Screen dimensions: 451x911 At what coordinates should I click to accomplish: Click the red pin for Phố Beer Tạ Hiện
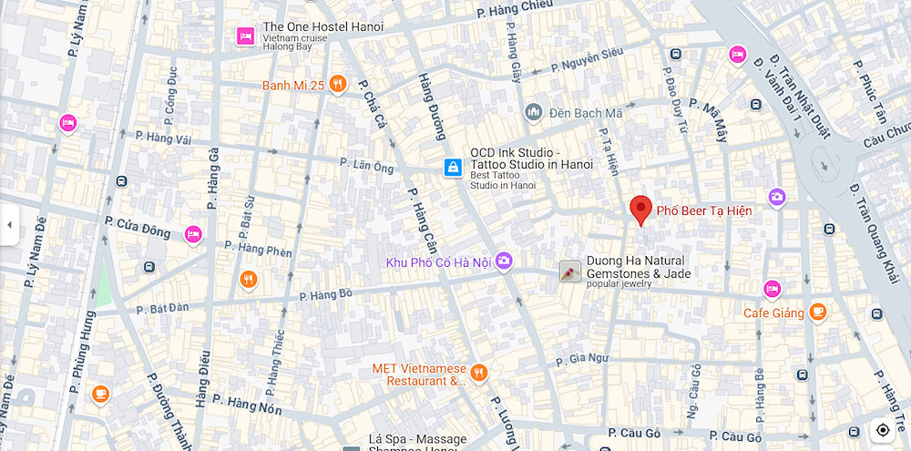pyautogui.click(x=641, y=210)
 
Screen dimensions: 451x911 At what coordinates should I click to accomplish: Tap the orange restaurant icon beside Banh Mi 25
pyautogui.click(x=338, y=85)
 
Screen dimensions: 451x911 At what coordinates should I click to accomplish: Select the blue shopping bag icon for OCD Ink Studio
pyautogui.click(x=453, y=167)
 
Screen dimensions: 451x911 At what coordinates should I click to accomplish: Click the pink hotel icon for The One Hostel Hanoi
pyautogui.click(x=245, y=36)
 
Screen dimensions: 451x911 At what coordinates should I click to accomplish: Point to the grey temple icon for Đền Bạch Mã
pyautogui.click(x=534, y=112)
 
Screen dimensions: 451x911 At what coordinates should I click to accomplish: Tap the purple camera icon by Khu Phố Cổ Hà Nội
pyautogui.click(x=504, y=261)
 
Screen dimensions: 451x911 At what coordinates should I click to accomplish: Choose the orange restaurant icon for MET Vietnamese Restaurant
pyautogui.click(x=479, y=372)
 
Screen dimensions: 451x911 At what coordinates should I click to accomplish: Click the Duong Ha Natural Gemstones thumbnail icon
pyautogui.click(x=570, y=272)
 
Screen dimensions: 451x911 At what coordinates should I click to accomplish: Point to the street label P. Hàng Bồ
pyautogui.click(x=326, y=294)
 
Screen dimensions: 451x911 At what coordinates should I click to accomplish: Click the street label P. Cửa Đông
pyautogui.click(x=137, y=227)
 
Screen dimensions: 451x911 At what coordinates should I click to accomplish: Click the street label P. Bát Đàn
pyautogui.click(x=163, y=309)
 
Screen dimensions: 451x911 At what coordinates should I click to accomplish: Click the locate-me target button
pyautogui.click(x=882, y=430)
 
